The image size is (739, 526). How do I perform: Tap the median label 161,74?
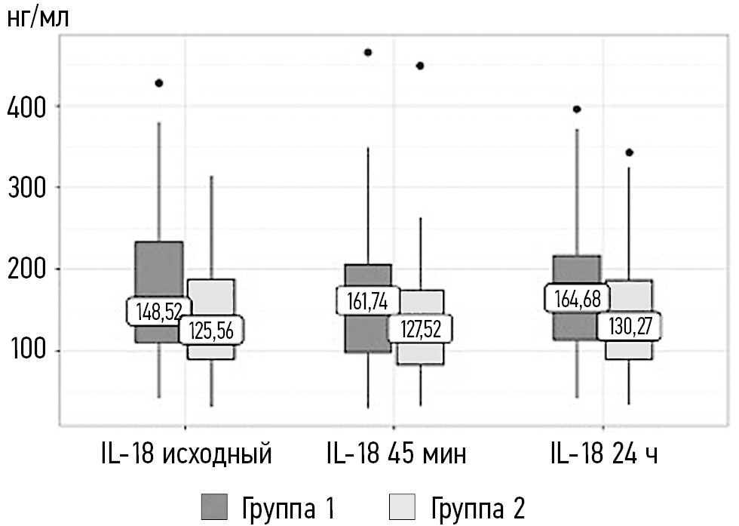(369, 300)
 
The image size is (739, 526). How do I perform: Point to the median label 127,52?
(420, 328)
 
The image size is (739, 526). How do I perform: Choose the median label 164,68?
(578, 297)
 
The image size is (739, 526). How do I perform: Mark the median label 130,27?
(629, 326)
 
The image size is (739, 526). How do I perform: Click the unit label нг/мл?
(38, 18)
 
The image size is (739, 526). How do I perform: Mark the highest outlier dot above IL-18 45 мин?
(368, 53)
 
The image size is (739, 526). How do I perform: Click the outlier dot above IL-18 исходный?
(159, 83)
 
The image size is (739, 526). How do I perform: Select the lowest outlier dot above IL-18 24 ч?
(630, 152)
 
